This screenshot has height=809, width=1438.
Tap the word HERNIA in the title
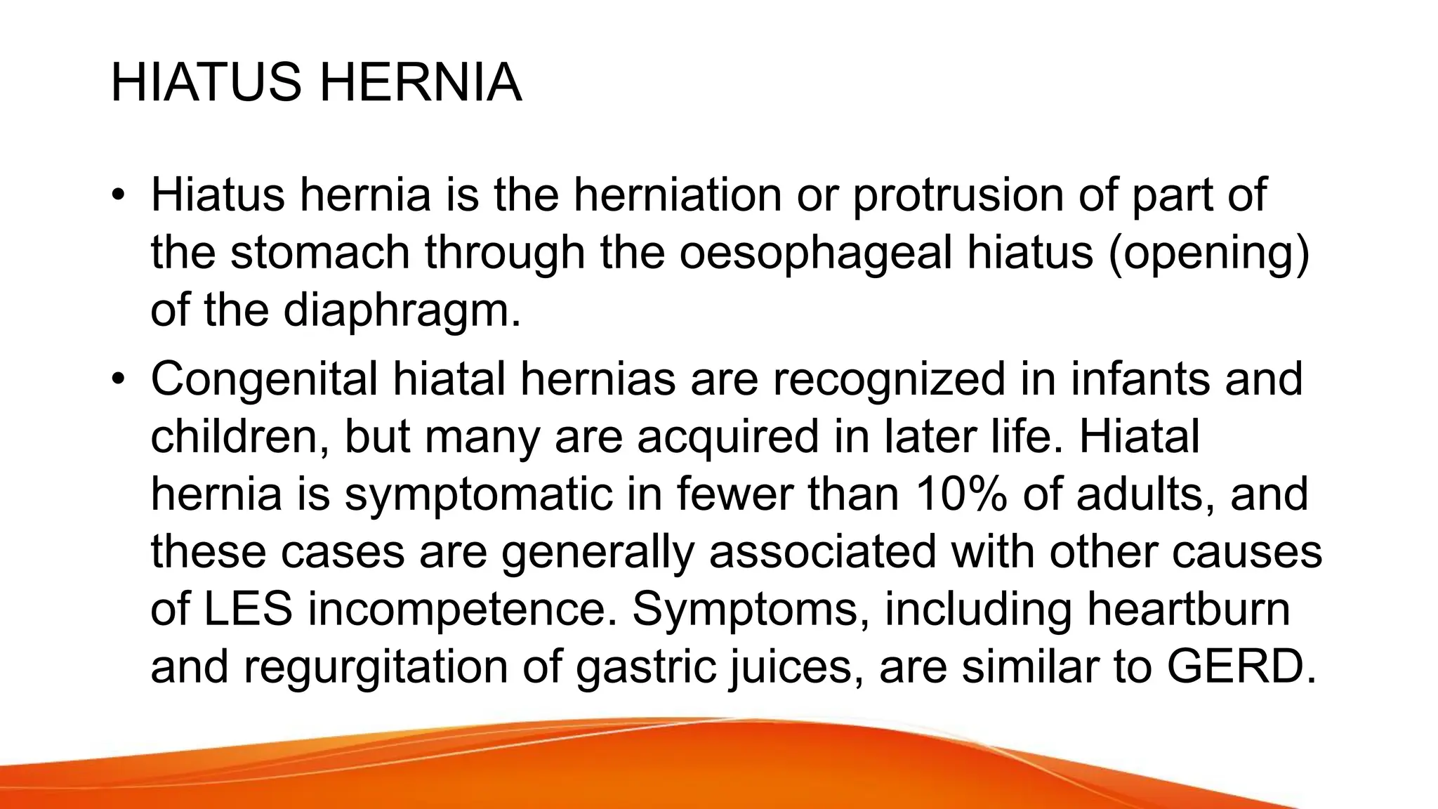[421, 83]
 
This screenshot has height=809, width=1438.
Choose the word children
[239, 436]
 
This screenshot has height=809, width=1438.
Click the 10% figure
[961, 494]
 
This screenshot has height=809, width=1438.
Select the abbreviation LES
[248, 609]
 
